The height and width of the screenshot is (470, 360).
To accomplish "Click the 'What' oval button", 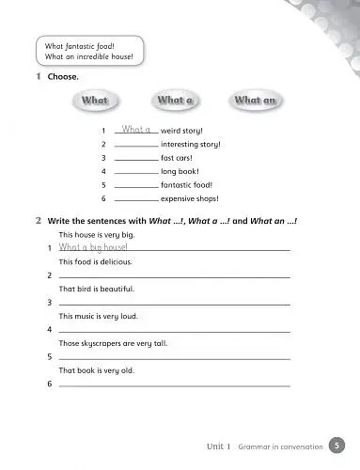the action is [96, 100].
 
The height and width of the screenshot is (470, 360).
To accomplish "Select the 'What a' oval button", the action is [176, 100].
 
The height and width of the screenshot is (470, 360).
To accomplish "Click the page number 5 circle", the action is [337, 446].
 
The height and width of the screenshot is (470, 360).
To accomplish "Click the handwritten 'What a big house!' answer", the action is [93, 246].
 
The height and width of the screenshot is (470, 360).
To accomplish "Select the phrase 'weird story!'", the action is [182, 131].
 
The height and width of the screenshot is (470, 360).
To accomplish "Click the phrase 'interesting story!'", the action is [191, 145].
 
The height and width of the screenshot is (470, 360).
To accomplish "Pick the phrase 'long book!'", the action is [180, 172].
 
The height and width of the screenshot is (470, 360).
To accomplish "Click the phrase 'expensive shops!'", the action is [190, 199].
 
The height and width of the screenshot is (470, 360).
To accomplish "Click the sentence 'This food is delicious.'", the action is [95, 261].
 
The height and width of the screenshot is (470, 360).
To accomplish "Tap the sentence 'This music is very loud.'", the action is [98, 317].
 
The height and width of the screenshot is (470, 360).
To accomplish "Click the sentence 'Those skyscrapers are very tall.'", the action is [113, 344].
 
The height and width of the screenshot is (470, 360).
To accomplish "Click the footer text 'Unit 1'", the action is [219, 446].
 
